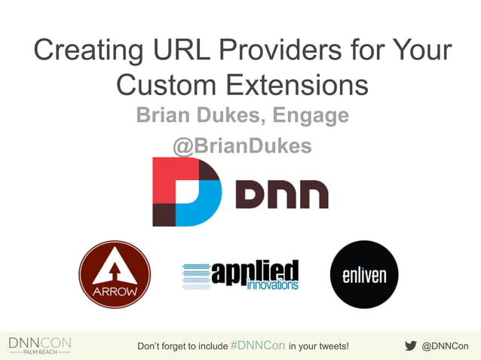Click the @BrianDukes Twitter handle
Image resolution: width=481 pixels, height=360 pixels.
point(242,145)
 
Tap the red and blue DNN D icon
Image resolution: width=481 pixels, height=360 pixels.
point(186,191)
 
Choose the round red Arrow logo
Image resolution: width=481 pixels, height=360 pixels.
point(115,274)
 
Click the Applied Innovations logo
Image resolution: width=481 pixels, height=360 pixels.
point(240,275)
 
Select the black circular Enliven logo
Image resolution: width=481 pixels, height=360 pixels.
point(364,274)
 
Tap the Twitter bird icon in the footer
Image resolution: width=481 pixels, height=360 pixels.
point(411,346)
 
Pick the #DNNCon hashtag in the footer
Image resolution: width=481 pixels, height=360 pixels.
point(258,346)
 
